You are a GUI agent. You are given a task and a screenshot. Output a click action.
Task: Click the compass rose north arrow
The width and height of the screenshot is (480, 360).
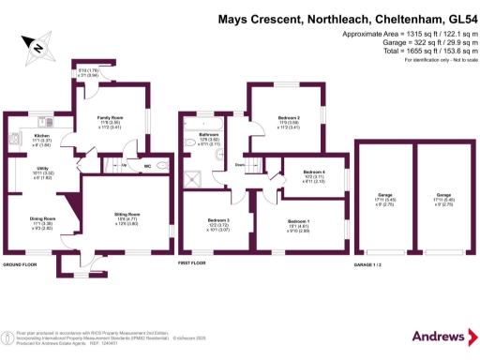tap(37, 45)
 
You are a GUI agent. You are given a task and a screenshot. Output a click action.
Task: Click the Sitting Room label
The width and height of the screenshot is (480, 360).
tap(127, 215)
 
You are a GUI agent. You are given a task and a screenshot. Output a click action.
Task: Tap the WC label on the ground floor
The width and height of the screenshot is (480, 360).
tap(148, 166)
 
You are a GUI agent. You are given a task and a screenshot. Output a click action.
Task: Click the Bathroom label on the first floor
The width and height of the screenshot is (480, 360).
tap(208, 134)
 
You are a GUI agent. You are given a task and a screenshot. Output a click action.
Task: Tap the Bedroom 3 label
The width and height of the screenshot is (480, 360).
tap(218, 221)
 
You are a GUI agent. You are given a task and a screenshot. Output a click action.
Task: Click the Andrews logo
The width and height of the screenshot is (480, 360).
tap(437, 337)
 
